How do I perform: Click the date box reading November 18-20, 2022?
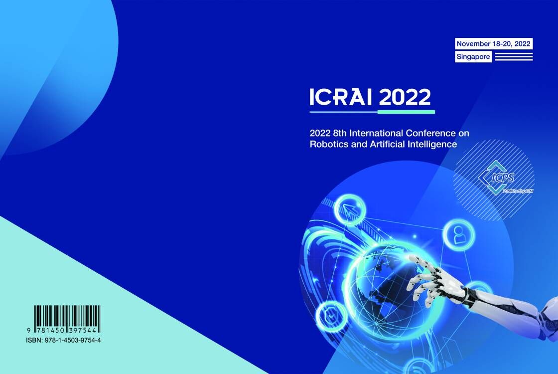494,44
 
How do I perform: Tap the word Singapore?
473,57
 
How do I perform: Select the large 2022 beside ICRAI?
405,97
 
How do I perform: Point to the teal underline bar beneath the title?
406,112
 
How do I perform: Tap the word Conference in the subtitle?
430,133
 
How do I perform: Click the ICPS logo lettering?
503,178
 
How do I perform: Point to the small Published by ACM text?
518,191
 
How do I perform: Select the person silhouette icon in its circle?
459,235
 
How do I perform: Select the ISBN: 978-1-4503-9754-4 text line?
63,340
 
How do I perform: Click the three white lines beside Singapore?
514,57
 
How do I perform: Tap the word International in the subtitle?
377,133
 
